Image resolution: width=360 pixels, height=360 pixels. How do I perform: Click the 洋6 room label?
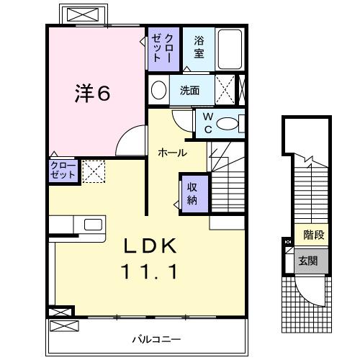click(94, 94)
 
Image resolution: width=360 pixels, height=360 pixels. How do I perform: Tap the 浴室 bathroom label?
click(199, 48)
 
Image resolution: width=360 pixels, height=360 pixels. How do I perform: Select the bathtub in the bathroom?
click(230, 50)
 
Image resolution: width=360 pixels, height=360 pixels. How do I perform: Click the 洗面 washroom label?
click(190, 91)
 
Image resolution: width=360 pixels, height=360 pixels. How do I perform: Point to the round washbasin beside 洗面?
click(159, 91)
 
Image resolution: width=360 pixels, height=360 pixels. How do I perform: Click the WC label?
click(207, 123)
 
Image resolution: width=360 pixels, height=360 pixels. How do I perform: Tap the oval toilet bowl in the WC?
click(229, 124)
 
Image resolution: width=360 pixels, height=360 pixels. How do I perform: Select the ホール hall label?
click(173, 153)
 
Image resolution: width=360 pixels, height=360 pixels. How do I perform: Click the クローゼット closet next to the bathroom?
click(159, 46)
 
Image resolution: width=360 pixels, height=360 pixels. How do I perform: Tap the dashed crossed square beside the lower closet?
click(94, 171)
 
